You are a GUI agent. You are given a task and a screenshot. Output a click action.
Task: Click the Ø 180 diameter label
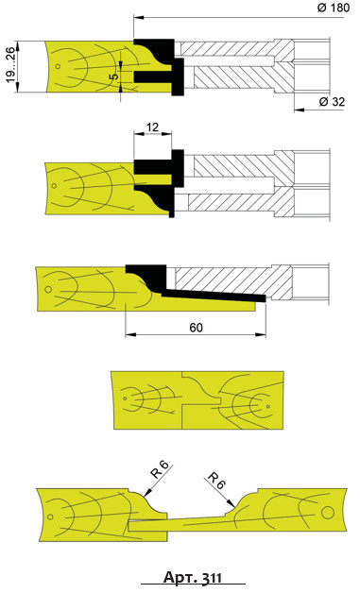(x=334, y=8)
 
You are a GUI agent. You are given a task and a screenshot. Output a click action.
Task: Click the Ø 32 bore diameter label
(x=332, y=101)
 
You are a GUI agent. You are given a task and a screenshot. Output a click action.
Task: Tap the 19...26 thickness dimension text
(x=11, y=65)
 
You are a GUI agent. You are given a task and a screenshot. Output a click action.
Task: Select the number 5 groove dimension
(x=114, y=76)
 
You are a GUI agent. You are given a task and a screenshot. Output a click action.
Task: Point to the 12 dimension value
(x=152, y=127)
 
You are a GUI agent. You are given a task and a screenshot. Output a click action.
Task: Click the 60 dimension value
(x=196, y=328)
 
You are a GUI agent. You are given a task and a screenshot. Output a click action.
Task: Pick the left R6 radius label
(x=161, y=470)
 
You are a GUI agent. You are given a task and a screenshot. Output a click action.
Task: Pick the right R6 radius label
(x=217, y=481)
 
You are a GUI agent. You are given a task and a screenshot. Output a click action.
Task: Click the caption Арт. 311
(x=193, y=578)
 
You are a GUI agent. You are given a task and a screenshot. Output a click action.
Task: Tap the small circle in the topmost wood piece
(x=58, y=66)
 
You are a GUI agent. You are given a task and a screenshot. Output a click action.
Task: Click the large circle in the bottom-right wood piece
(x=328, y=513)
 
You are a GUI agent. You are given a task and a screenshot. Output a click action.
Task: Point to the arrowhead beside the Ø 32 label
(x=299, y=110)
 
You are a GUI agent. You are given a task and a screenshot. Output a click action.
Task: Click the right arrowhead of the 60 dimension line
(x=261, y=334)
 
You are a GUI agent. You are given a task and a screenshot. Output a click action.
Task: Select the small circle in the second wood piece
(x=54, y=186)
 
